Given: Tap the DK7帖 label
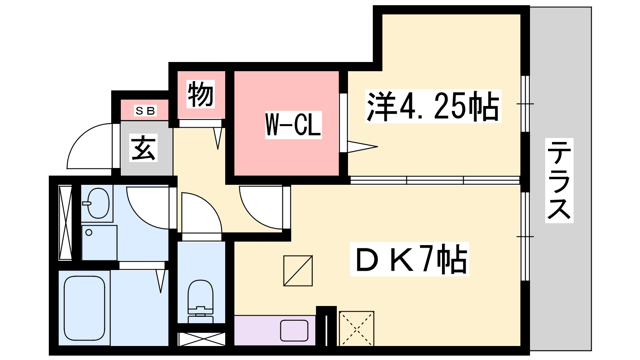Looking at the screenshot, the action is coord(410,259).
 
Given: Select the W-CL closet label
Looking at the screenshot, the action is coord(294,125).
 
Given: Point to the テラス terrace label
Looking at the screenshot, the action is coord(559,180).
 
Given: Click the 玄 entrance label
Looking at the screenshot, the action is coord(144,148).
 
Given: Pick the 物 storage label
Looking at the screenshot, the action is coord(200,94).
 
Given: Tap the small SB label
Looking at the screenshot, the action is coord(145,110).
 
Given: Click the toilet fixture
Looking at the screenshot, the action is coord(200,302).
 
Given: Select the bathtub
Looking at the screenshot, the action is coord(84,308).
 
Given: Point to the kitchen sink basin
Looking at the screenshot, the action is coord(294,330).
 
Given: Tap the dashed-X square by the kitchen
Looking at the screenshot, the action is coord(356,328).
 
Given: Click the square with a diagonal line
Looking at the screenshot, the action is coord(298,271).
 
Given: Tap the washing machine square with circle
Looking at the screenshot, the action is coord(100,243).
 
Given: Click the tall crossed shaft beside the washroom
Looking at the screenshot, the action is coord(66,223).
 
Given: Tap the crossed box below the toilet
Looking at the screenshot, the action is coord(202,339).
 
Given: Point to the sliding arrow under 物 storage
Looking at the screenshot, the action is coord(218,138).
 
